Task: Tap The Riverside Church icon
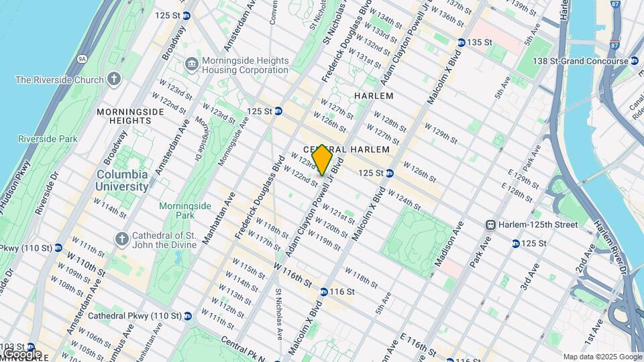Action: point(114,80)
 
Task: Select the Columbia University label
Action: point(122,181)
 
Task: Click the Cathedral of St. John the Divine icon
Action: point(121,238)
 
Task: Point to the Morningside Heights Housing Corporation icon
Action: point(192,64)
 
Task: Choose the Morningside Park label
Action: point(177,210)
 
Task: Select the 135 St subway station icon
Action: point(461,42)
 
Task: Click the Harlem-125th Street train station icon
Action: point(491,224)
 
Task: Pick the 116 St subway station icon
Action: point(323,292)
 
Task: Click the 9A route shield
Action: point(82,59)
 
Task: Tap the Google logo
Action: point(21,353)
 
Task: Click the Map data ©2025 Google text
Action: point(602,357)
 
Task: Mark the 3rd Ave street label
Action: point(530,276)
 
